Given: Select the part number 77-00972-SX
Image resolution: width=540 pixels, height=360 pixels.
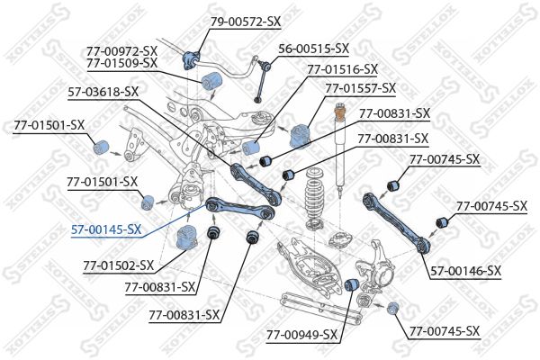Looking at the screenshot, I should click(x=122, y=50).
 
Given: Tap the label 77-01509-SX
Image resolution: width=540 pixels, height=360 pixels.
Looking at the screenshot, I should click(x=122, y=63).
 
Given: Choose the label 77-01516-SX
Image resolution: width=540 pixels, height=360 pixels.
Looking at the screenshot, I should click(x=342, y=68).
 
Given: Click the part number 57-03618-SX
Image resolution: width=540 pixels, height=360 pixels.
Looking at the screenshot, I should click(x=103, y=91).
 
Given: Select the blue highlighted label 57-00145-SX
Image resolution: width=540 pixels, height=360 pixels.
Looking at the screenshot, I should click(x=106, y=229).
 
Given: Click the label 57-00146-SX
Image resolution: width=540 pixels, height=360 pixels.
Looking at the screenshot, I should click(x=465, y=270).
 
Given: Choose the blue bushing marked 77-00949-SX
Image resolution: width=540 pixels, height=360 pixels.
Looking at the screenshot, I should click(x=354, y=285).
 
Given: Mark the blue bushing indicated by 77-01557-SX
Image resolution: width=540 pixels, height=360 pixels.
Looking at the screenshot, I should click(x=300, y=136).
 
